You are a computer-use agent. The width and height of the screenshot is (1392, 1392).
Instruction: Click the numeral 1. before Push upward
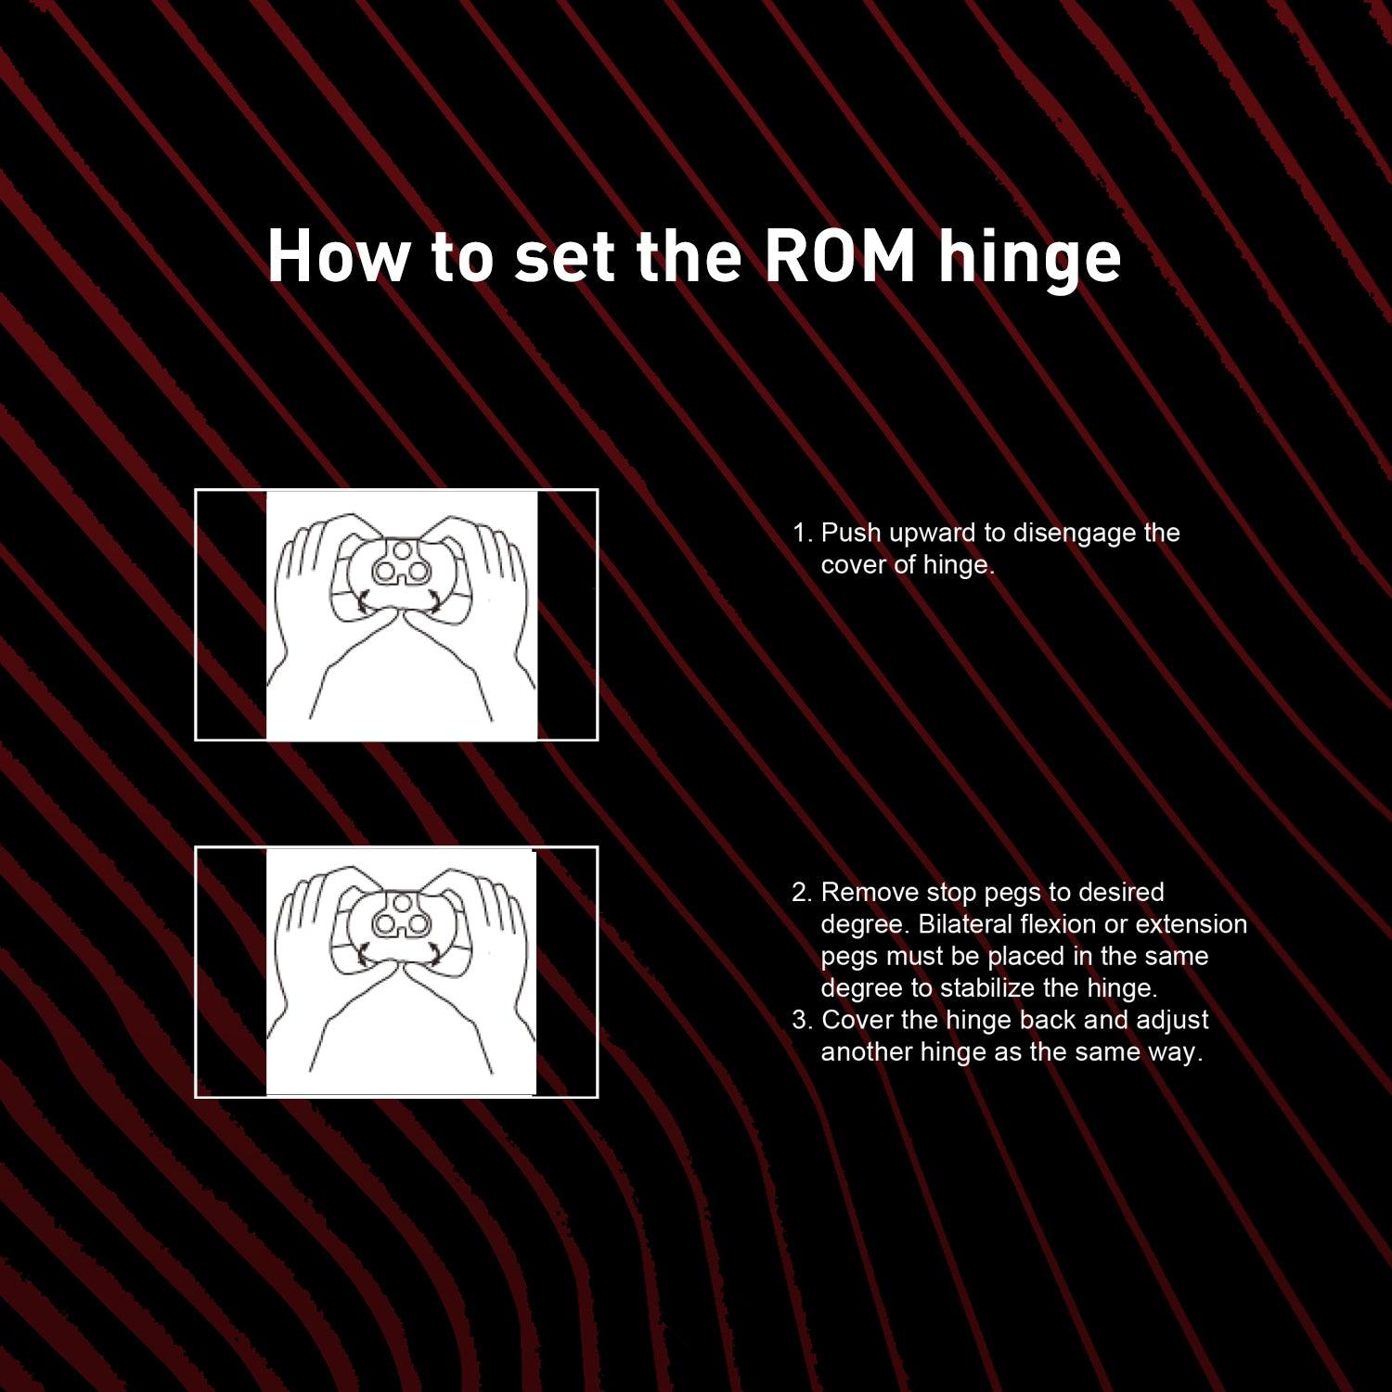coord(803,534)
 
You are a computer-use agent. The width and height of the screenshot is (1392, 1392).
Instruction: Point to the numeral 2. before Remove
coord(803,893)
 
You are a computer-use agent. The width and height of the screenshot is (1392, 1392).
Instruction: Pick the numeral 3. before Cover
coord(803,1021)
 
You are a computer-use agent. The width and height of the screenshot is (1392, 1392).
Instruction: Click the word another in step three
coord(867,1052)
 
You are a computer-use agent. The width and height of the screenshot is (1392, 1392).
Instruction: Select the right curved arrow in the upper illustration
coord(434,599)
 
